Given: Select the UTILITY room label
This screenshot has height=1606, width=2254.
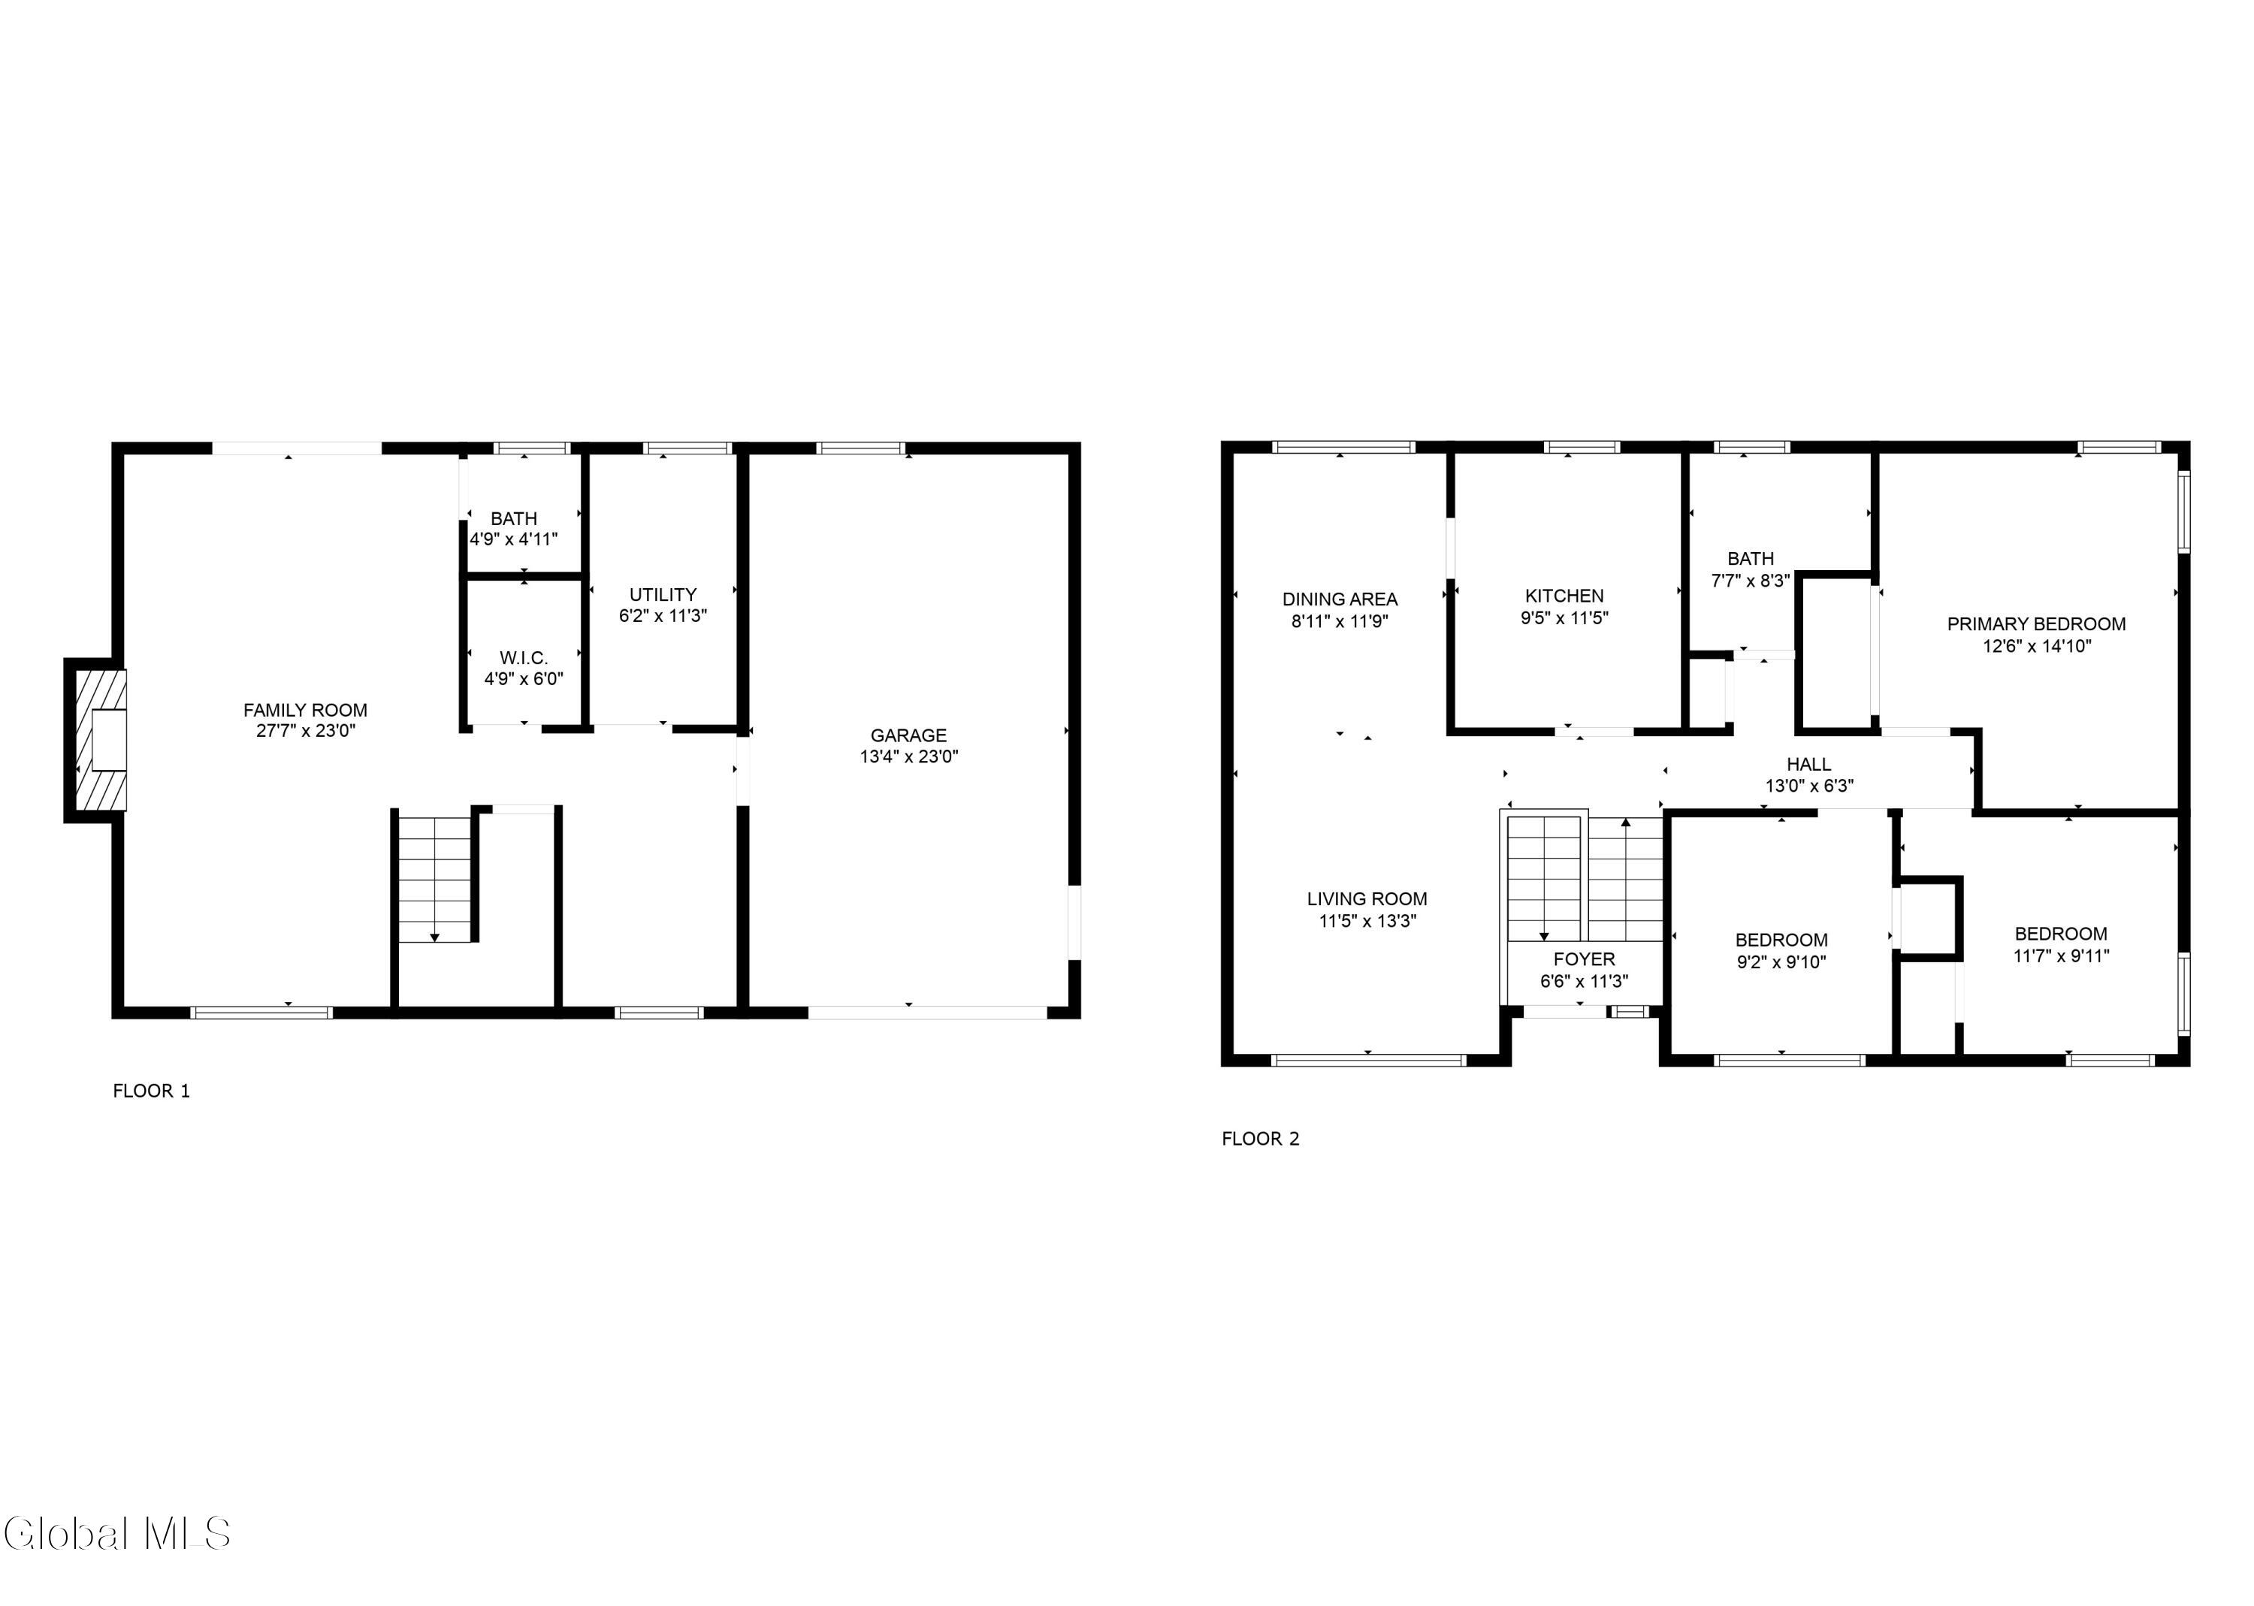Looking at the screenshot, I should coord(663,594).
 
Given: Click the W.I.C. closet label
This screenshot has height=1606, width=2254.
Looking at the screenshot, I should coord(523,657).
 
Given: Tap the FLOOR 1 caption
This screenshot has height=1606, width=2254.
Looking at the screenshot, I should coord(151,1091).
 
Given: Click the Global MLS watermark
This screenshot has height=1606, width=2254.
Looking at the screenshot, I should coord(116,1533).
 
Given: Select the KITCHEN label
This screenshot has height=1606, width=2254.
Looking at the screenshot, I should coord(1564,596).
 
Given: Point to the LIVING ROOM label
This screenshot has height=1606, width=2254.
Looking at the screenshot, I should coord(1367,899).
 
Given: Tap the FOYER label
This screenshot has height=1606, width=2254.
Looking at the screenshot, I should coord(1584,958).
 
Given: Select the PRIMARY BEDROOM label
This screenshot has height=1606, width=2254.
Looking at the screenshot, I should coord(2035,624).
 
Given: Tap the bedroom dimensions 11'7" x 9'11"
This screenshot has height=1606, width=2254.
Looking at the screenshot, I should coord(2060,955).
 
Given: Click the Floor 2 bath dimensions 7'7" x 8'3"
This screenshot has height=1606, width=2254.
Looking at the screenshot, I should coord(1750,581).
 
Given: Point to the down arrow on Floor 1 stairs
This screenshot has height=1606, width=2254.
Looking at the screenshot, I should coord(434,937).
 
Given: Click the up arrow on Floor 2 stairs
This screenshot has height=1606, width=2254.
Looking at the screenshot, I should coord(1626,822).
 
